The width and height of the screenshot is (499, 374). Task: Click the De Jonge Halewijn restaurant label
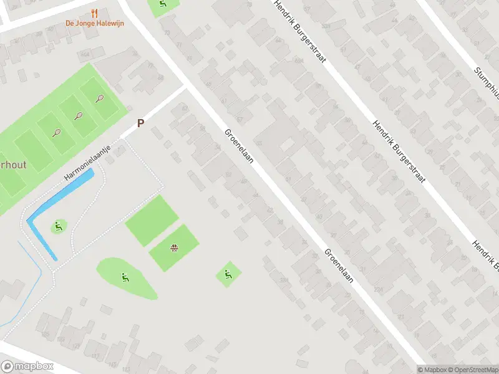tap(95, 24)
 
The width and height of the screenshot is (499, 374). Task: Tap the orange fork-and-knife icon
tap(95, 12)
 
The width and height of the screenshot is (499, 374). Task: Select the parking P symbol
tap(140, 123)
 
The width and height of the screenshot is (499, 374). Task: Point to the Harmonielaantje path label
tap(87, 164)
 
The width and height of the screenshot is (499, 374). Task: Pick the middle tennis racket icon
tap(79, 115)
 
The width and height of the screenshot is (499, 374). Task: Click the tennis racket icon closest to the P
tap(99, 98)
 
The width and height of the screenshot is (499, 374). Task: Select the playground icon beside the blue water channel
tap(59, 226)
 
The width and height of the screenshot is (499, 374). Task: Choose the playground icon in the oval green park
tap(125, 277)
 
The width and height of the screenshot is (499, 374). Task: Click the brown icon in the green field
tap(175, 249)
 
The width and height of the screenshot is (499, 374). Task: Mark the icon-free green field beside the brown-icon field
tap(152, 220)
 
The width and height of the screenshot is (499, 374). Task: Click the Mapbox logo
tap(27, 367)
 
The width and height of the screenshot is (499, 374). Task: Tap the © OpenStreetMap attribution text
tap(472, 369)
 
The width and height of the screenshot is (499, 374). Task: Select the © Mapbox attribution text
tap(432, 369)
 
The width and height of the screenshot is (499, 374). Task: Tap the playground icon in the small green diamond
tap(228, 274)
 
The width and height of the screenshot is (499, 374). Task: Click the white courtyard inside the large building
tap(288, 145)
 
